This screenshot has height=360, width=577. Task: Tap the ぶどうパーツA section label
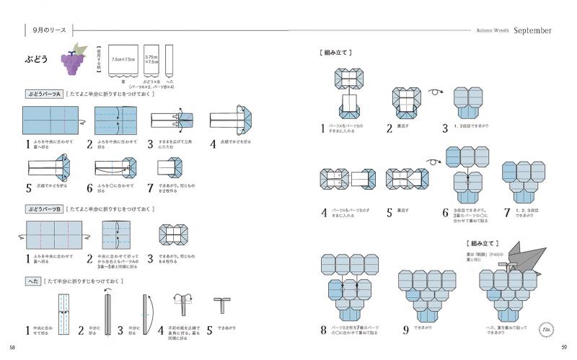coord(44,94)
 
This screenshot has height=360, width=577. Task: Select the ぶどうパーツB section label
coord(44,208)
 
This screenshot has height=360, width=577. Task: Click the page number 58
coord(10,348)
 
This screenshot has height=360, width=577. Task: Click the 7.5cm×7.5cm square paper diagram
coord(124,60)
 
